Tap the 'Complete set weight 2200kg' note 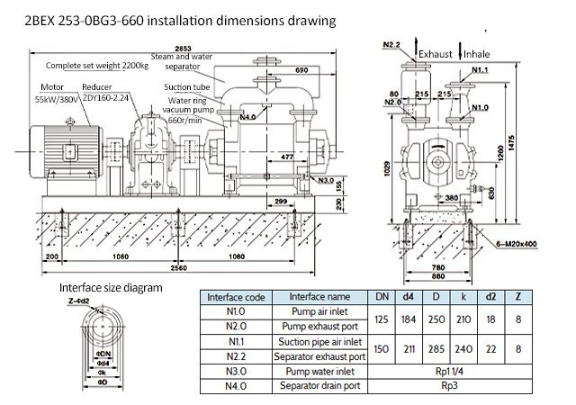97,66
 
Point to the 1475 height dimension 537,135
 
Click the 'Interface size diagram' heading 111,288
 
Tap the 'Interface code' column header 235,297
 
